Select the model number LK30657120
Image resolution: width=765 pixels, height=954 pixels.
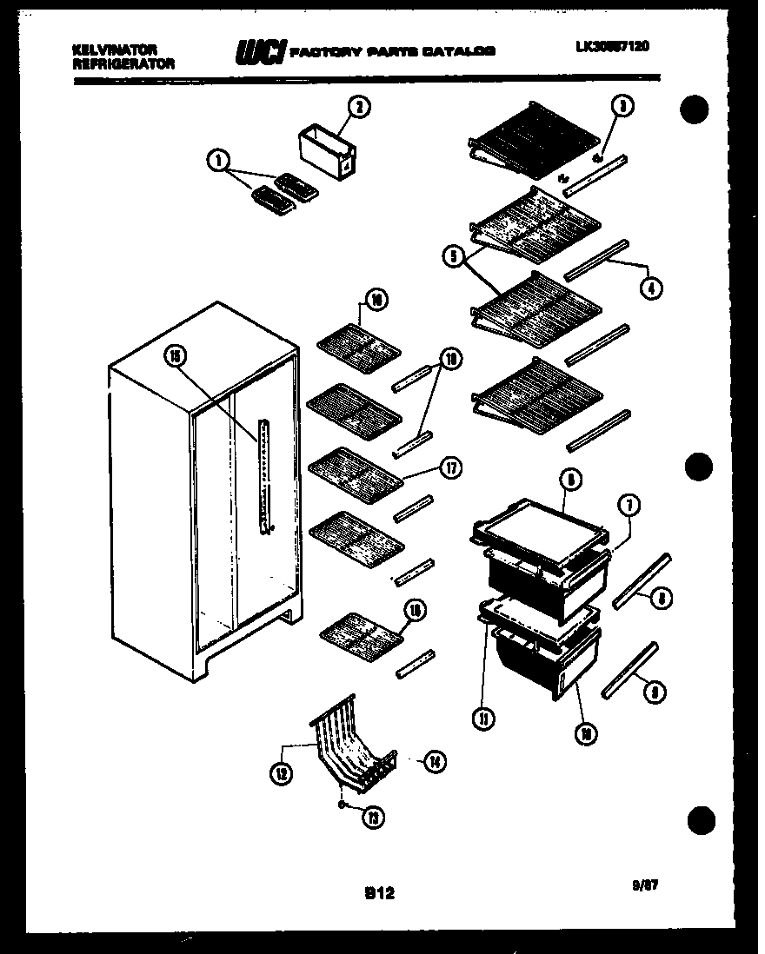tap(612, 49)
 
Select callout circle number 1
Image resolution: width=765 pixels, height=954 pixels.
tap(216, 161)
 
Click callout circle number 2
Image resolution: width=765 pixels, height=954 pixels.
tap(357, 107)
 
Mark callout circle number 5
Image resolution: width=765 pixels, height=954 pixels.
tap(451, 256)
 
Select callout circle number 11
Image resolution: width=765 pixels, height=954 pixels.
tap(482, 719)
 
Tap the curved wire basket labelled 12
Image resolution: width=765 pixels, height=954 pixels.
tap(348, 743)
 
